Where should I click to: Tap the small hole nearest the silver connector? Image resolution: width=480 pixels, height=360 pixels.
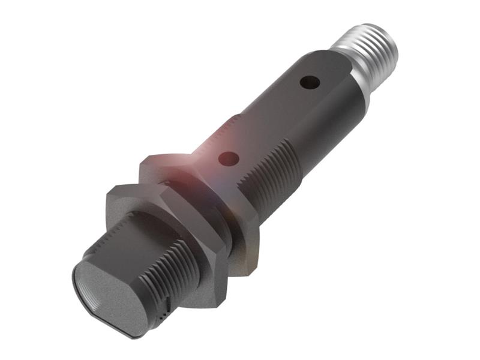310,82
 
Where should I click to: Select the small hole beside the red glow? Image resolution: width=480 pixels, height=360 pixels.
229,159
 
